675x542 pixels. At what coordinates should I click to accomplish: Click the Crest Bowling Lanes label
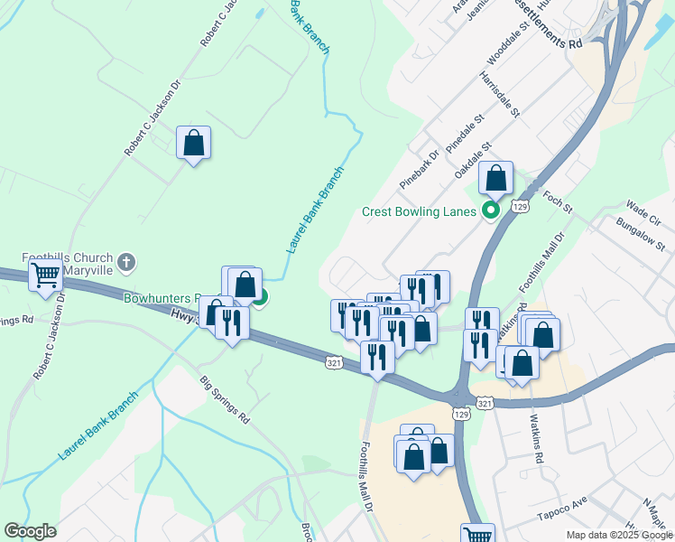coord(419,212)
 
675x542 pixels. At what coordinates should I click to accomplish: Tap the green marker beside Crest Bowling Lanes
coord(492,212)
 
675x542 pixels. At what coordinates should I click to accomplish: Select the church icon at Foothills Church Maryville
coord(127,262)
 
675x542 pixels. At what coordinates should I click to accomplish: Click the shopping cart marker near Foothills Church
coord(45,275)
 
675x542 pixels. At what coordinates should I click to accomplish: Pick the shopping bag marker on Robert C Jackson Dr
coord(193,143)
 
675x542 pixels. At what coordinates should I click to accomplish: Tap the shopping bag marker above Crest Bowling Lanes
coord(495,179)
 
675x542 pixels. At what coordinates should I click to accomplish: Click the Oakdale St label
coord(474,158)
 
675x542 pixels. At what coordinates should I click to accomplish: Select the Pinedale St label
coord(466,132)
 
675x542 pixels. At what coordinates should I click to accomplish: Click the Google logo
coord(30,531)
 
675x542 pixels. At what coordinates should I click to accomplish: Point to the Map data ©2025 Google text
coord(618,535)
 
